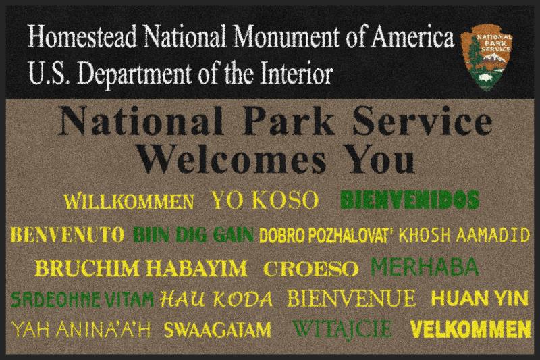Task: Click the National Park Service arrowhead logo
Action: point(486,57)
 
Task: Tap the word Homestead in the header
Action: point(82,36)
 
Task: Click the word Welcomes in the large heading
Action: point(232,160)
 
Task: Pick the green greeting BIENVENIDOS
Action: point(410,200)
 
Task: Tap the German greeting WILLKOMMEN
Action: point(129,202)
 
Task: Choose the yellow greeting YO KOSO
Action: point(265,200)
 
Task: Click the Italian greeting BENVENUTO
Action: point(67,235)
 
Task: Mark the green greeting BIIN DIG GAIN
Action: point(194,235)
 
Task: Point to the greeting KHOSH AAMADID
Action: point(464,235)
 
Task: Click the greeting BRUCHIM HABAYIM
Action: point(141,268)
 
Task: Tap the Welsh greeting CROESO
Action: point(311,269)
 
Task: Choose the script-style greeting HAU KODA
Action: point(216,299)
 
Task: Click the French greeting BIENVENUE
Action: point(352,299)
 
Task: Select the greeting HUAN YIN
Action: point(480,299)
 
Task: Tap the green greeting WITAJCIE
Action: point(342,329)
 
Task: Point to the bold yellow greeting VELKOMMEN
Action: point(470,330)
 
